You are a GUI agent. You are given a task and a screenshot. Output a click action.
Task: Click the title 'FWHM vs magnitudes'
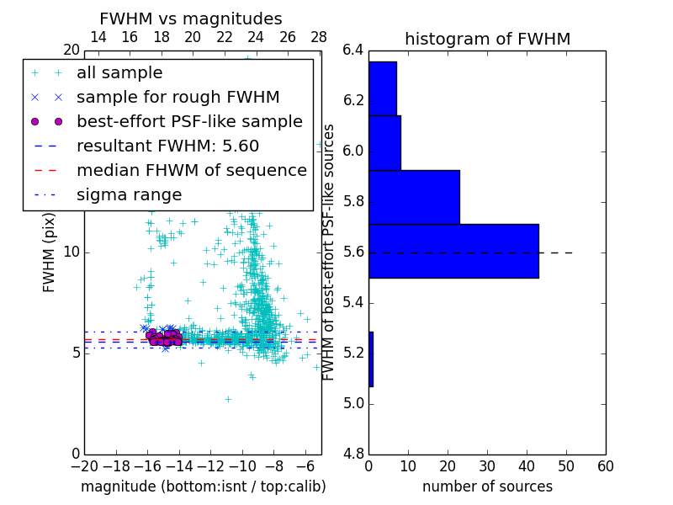pos(191,19)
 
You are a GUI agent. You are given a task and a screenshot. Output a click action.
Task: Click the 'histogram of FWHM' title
pos(487,39)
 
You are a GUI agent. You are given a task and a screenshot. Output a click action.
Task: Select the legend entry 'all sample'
pos(119,73)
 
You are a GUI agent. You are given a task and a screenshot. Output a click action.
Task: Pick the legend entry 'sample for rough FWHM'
pos(178,98)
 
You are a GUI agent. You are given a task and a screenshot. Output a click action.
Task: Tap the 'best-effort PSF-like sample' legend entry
pos(189,122)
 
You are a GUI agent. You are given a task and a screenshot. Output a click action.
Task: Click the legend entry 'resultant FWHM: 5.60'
pos(167,146)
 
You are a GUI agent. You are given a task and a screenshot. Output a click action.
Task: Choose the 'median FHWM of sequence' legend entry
pos(191,171)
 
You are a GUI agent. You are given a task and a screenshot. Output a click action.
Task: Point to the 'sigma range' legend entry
pos(129,195)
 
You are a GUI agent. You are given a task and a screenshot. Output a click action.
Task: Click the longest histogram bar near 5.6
pos(453,251)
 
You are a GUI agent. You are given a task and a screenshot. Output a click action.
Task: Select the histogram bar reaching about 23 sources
pos(414,197)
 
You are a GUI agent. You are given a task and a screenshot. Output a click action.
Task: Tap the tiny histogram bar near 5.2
pos(371,359)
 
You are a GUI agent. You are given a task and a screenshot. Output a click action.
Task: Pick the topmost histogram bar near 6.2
pos(382,88)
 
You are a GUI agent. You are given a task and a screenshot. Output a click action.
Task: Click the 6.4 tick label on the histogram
pos(354,50)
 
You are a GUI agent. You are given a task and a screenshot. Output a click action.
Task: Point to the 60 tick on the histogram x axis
pos(604,466)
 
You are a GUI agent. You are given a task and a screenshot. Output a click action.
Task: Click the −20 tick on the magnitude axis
pos(84,466)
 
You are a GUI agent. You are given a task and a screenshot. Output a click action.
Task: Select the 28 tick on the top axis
pos(319,37)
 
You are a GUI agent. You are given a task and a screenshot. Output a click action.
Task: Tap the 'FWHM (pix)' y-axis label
pos(50,252)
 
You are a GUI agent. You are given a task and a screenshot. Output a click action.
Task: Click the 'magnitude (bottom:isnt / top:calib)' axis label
pos(203,486)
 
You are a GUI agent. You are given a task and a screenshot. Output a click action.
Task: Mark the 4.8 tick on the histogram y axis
pos(354,454)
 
